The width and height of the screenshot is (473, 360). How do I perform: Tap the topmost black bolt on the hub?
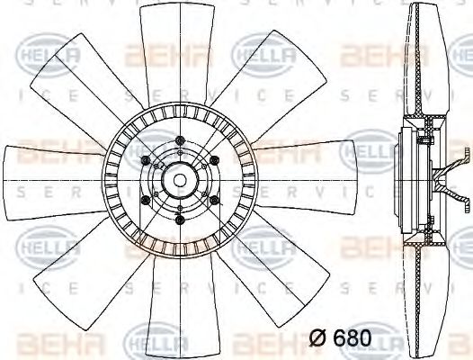(x=181, y=140)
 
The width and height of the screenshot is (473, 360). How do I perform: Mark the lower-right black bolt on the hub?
(x=215, y=200)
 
